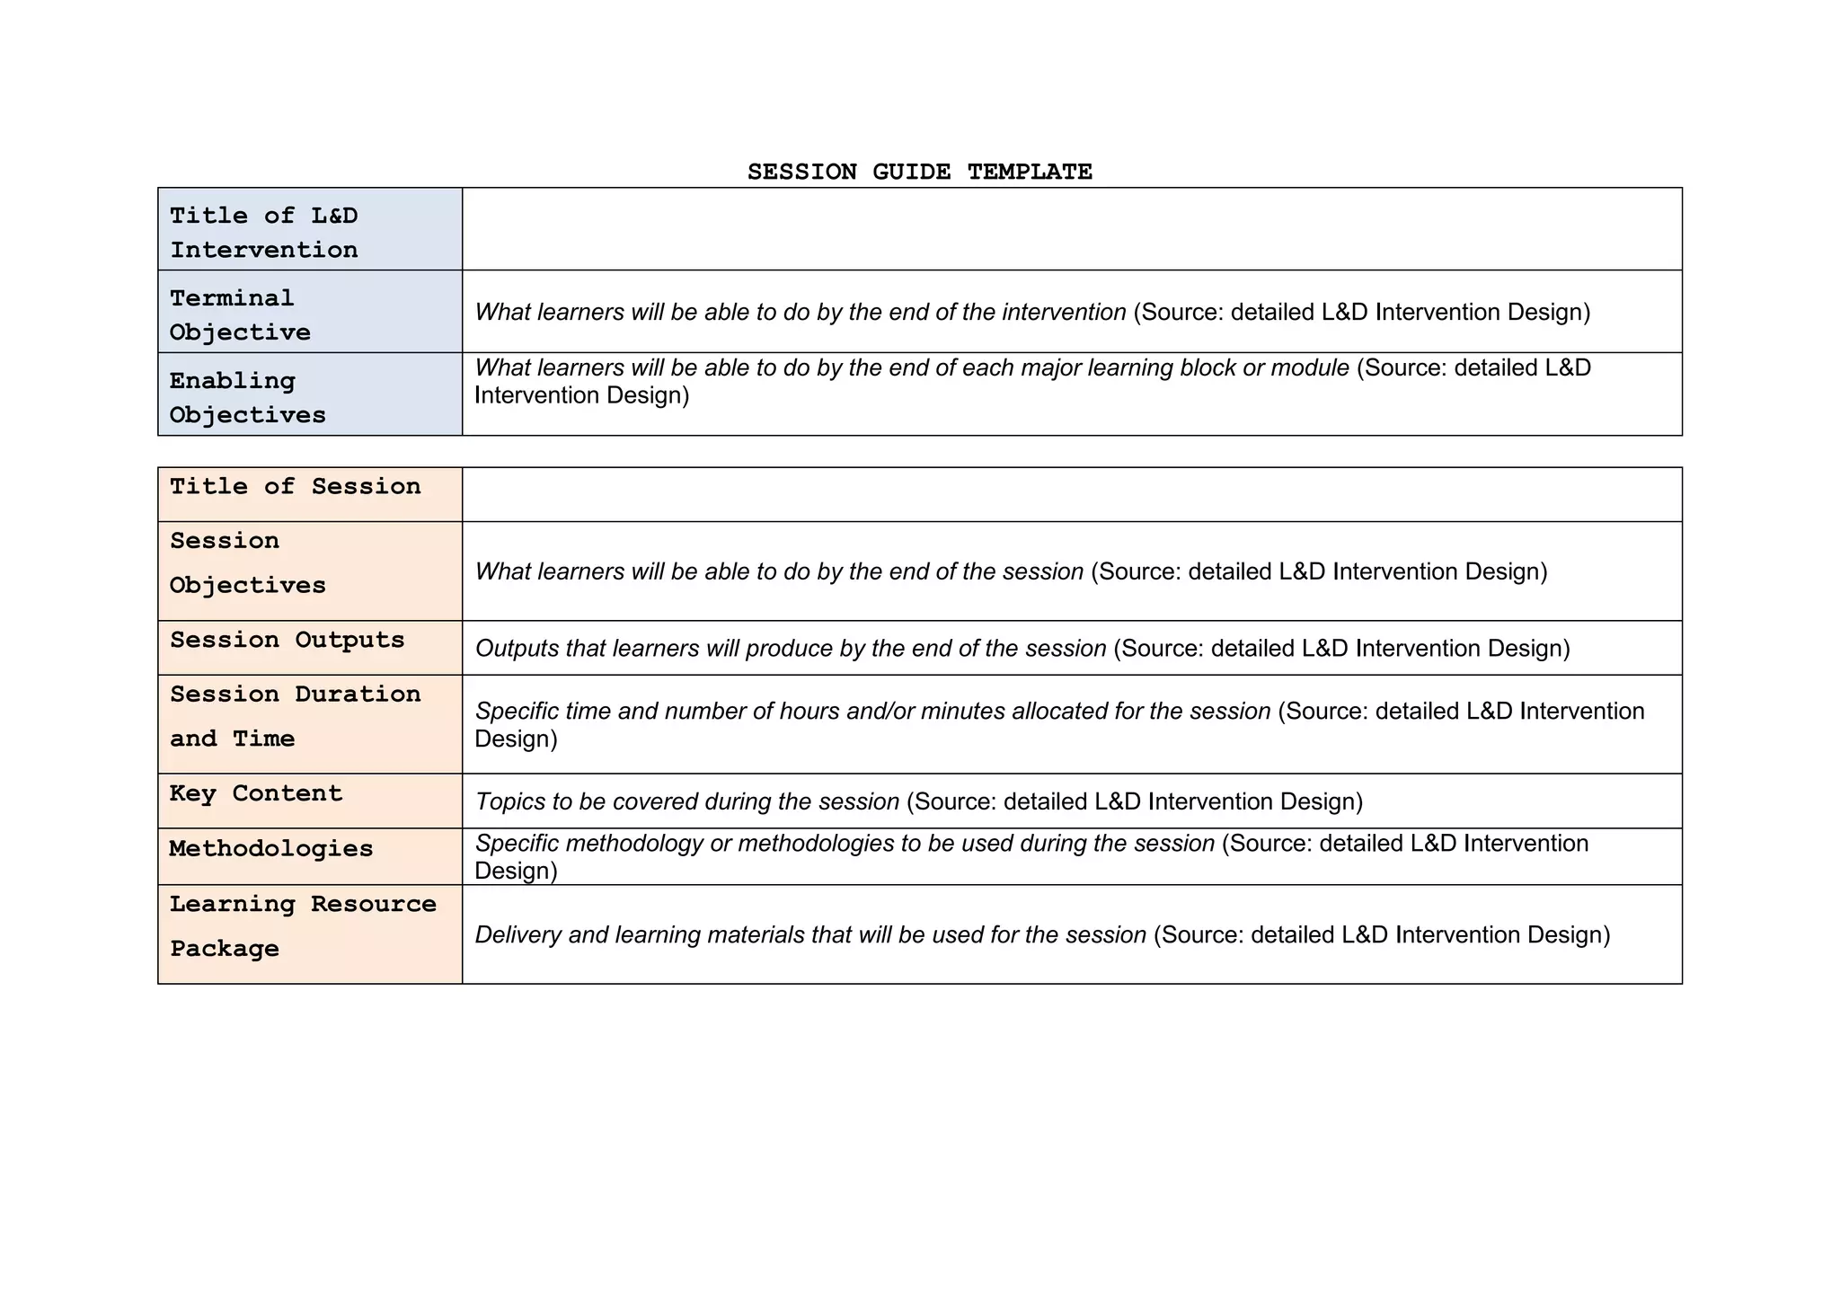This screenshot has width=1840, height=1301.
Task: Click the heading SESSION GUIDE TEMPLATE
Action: click(x=919, y=172)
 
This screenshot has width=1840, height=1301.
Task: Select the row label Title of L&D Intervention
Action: click(x=264, y=233)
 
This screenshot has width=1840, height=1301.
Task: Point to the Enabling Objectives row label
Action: click(x=247, y=398)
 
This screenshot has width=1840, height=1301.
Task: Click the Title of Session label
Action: click(x=295, y=487)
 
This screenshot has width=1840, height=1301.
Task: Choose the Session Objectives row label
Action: click(x=247, y=563)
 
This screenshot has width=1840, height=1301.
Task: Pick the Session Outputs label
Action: click(x=287, y=641)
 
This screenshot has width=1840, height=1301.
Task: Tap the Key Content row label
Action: click(x=256, y=794)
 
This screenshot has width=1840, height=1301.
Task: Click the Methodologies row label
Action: click(x=270, y=849)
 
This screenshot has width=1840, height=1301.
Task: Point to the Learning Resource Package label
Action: click(x=303, y=926)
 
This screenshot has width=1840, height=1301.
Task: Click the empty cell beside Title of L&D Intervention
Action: click(x=1071, y=229)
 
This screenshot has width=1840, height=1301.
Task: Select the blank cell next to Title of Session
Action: click(x=1071, y=494)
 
